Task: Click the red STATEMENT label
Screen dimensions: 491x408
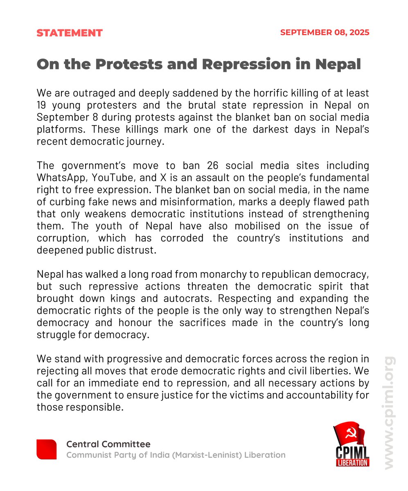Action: (70, 33)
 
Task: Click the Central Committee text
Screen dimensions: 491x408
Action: (108, 444)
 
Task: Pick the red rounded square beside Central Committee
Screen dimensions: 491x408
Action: (47, 449)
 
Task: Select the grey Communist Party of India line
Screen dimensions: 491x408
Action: (176, 455)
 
